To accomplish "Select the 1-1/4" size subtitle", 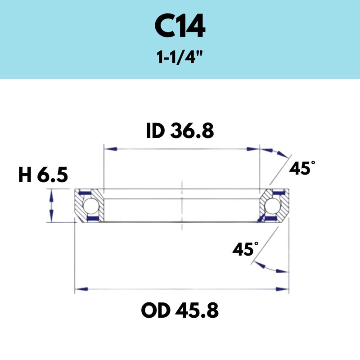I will (x=180, y=58).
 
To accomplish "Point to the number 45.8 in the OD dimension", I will (x=197, y=310).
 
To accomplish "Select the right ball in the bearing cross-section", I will (x=272, y=206).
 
